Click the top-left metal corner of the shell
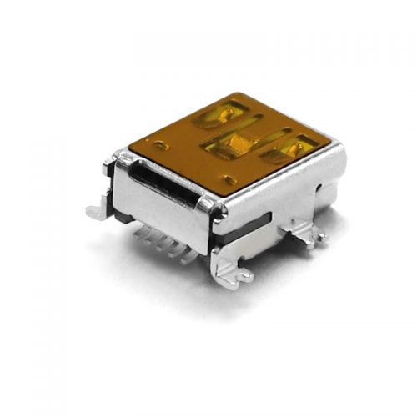coord(119,153)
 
